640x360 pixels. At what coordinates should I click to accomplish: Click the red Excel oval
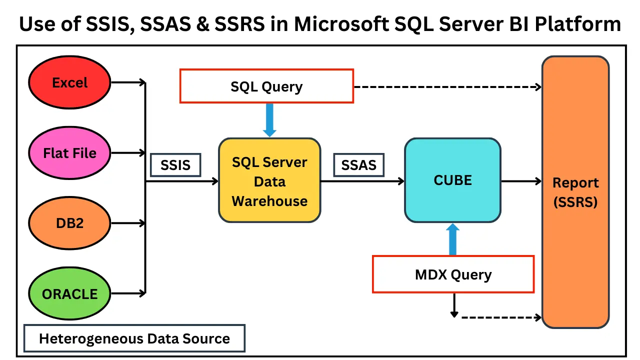69,82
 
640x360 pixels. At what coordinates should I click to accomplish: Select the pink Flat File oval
69,152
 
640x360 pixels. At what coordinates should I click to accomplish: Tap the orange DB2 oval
69,223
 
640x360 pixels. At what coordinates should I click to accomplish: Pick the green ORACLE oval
69,293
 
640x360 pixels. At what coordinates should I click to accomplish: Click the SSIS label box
175,165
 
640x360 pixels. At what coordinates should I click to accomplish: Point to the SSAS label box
358,165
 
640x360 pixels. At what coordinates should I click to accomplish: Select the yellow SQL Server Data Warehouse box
269,180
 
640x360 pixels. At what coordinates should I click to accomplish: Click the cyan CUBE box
452,180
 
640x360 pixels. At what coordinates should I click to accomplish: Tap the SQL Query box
266,86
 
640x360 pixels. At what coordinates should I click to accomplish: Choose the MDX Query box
453,274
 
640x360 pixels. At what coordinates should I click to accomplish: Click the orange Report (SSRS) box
575,192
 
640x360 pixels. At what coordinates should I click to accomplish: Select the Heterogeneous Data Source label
134,338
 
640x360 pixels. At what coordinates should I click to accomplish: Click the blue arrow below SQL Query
269,120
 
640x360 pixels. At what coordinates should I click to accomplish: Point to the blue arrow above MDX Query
452,239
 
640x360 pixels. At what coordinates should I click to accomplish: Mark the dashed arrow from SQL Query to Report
447,86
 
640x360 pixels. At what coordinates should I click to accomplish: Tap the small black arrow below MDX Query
454,305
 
